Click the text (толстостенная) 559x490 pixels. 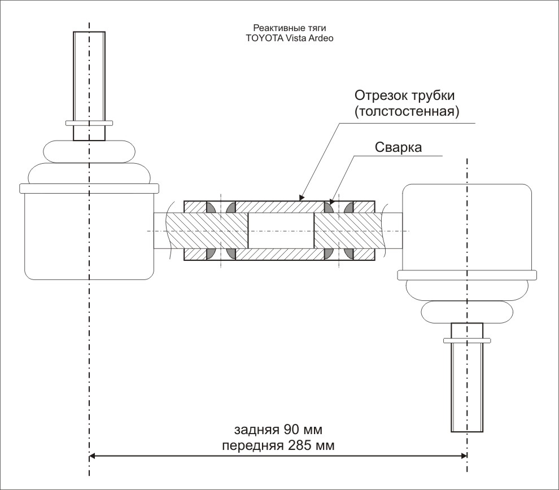407,111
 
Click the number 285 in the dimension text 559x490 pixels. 304,445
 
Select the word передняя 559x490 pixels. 253,445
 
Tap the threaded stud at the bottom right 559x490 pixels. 466,390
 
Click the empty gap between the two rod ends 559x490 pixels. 281,230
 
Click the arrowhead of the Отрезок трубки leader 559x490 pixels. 301,198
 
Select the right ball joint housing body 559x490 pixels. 466,226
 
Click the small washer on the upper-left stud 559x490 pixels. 89,122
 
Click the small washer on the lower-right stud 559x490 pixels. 466,340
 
